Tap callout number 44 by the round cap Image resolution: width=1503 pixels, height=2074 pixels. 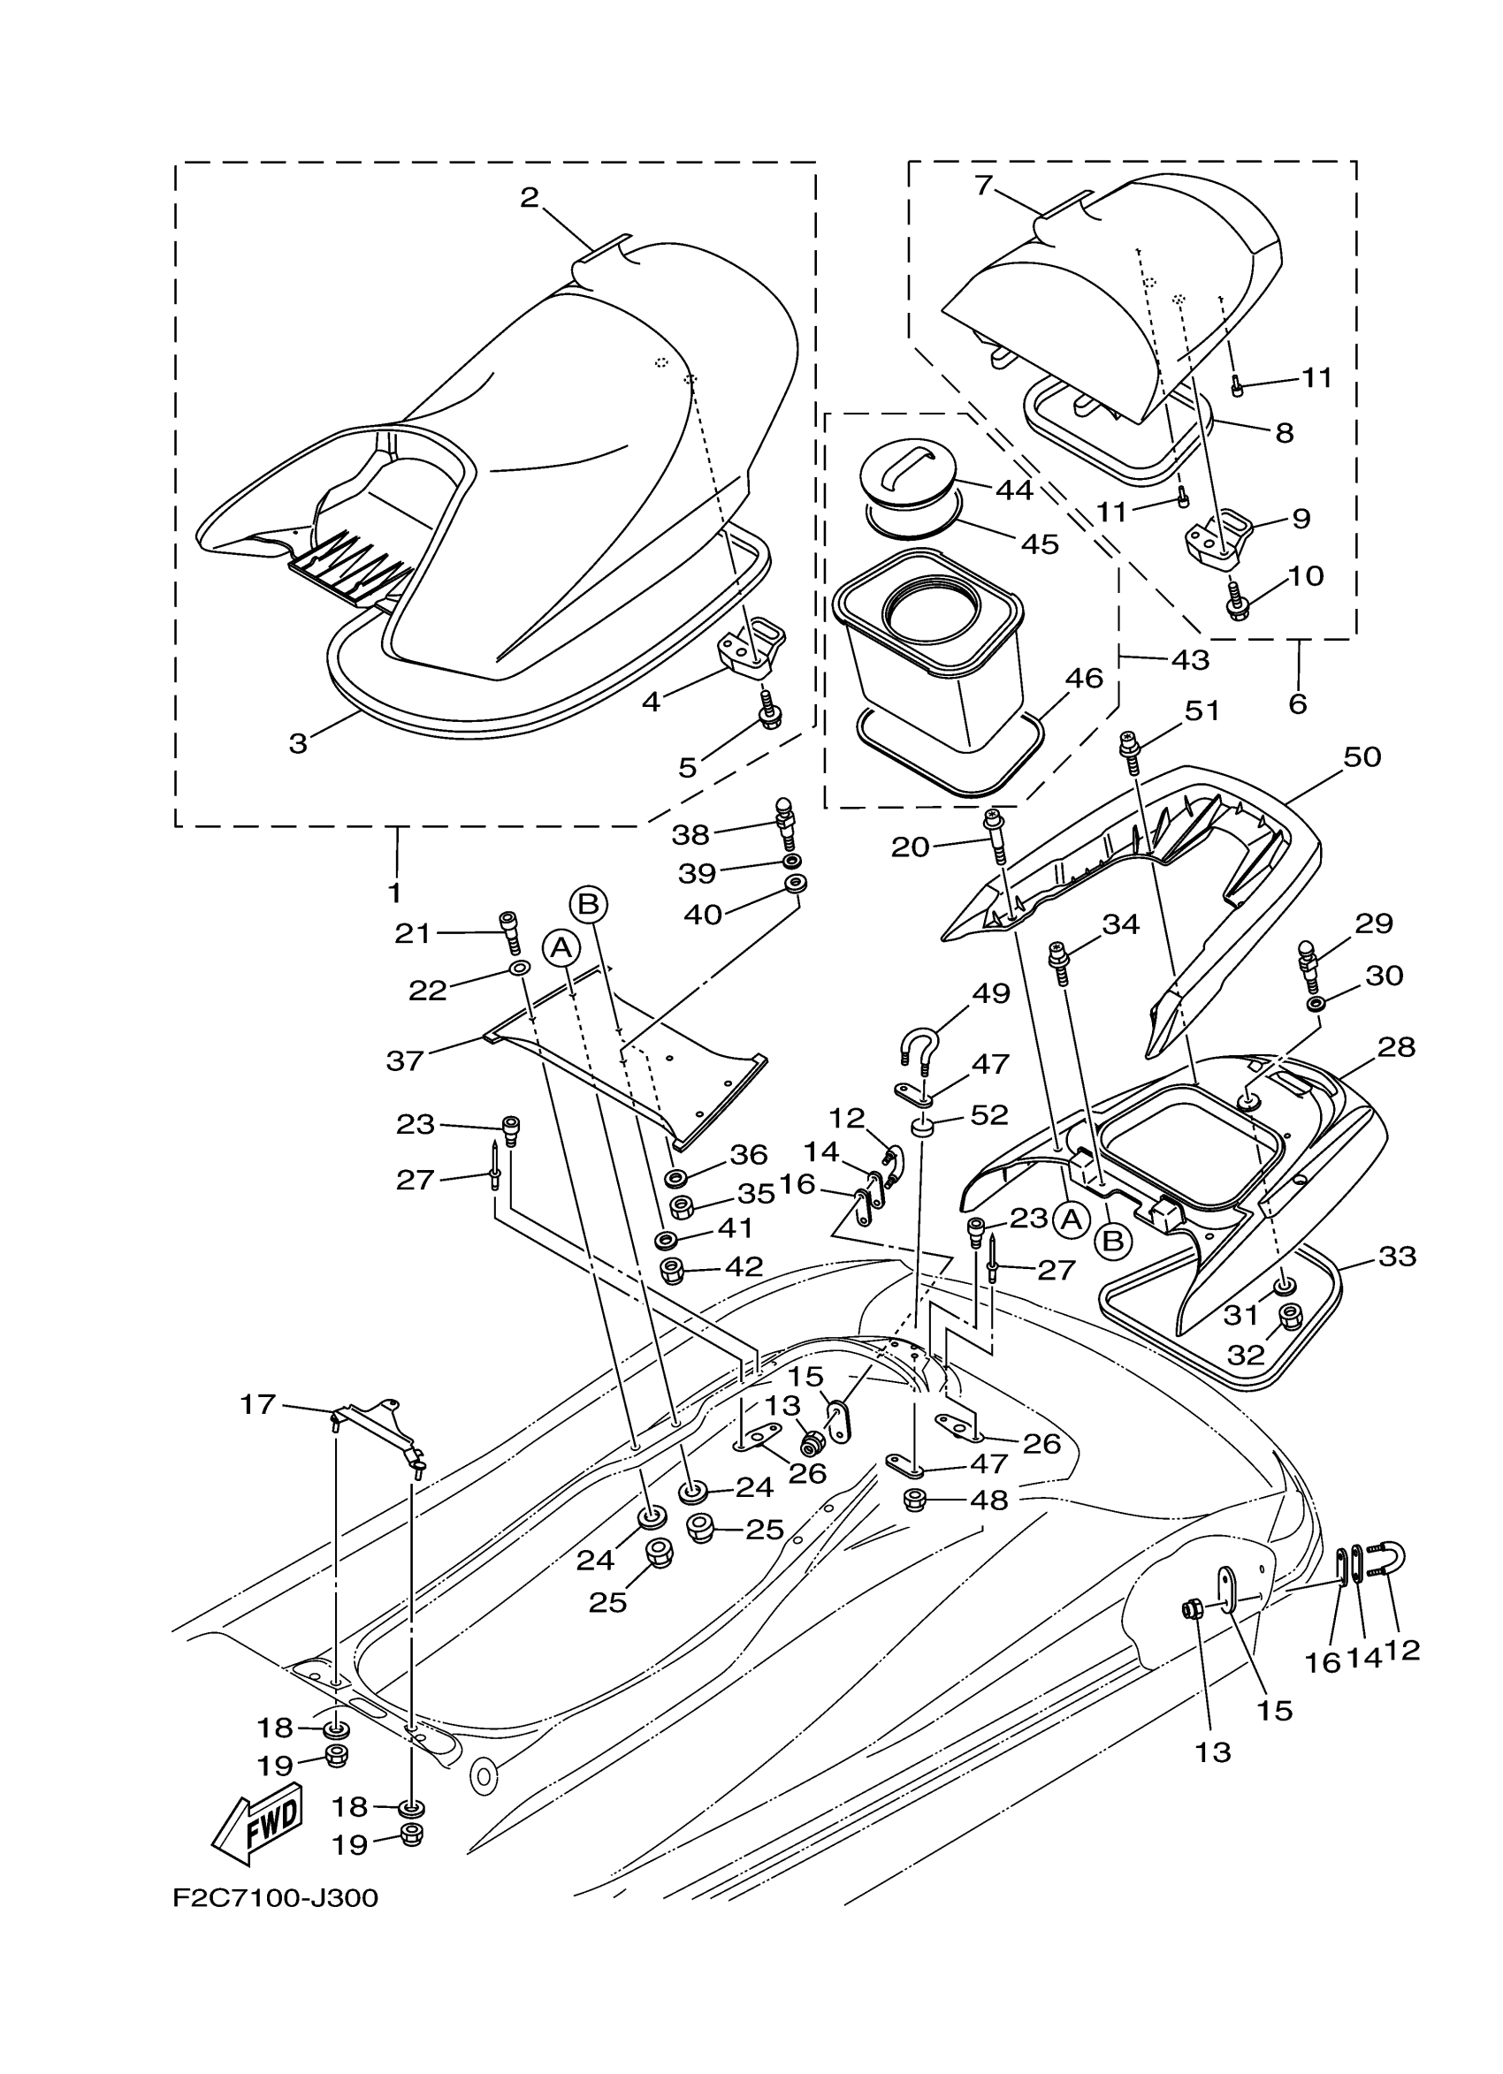click(x=1013, y=490)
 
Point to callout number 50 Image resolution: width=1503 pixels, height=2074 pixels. click(x=1362, y=757)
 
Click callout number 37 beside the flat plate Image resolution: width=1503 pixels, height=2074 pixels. click(x=405, y=1060)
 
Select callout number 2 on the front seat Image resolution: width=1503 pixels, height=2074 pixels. click(x=530, y=198)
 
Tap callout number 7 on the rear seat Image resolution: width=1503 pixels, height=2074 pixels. click(x=983, y=186)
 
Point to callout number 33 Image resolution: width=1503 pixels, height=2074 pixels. click(x=1397, y=1256)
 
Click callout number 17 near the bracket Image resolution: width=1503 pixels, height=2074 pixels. click(x=258, y=1403)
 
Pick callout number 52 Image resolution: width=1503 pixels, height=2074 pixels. click(x=990, y=1113)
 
